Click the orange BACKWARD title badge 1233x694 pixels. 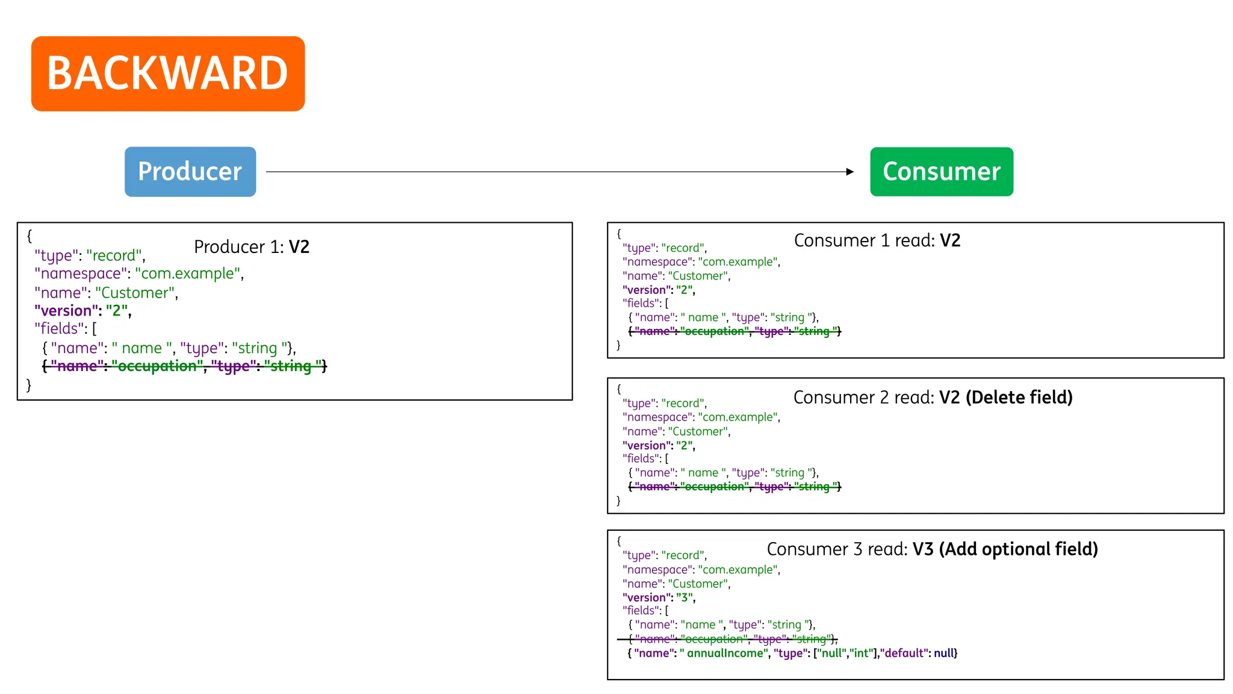click(x=168, y=73)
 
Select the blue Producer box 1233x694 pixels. click(x=190, y=172)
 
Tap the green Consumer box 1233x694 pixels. click(x=942, y=172)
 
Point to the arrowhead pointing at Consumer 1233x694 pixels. click(x=849, y=172)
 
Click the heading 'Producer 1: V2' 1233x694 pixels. click(x=252, y=247)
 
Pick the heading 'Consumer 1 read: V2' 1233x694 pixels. click(x=877, y=240)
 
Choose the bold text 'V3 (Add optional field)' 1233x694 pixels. click(x=1005, y=549)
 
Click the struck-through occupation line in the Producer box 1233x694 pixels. click(x=184, y=366)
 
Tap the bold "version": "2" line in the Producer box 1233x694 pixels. click(x=82, y=311)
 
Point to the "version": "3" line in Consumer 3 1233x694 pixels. click(x=659, y=598)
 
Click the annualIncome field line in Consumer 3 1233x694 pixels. click(x=792, y=653)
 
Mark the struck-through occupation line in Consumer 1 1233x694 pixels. click(x=735, y=331)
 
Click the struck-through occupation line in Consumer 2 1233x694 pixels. click(x=735, y=487)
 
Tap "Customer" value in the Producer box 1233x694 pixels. click(x=135, y=293)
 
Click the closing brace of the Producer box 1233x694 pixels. click(x=28, y=385)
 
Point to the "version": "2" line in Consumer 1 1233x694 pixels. click(x=659, y=290)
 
